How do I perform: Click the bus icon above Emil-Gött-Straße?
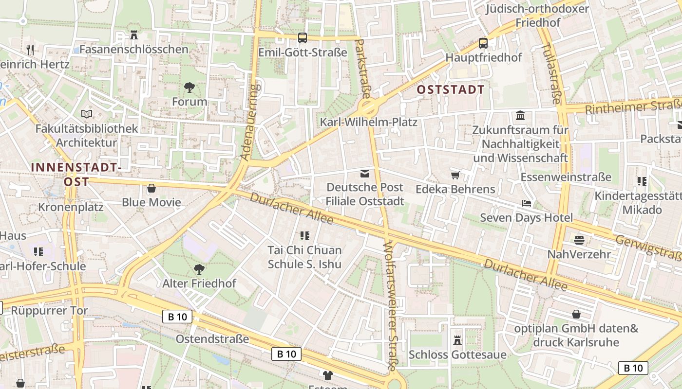coord(302,37)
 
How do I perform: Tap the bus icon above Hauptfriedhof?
coord(483,43)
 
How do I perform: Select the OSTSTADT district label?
coord(451,89)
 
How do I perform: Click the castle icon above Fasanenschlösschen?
coord(134,35)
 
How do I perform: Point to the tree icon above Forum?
coord(189,88)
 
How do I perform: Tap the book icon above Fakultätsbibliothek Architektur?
coord(87,114)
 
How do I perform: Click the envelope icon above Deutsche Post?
coord(364,174)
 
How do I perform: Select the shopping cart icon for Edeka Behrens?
coord(455,175)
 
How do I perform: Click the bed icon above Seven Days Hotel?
coord(526,203)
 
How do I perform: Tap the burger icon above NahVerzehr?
coord(579,240)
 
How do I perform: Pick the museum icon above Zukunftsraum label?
coord(520,116)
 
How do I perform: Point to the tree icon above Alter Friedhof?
coord(199,269)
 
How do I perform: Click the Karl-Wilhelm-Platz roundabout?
coord(368,106)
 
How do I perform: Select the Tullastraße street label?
coord(551,73)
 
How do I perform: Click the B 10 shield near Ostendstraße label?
coord(177,317)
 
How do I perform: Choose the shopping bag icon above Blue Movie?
coord(152,188)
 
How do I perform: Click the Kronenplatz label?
coord(71,207)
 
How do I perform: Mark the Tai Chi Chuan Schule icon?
coord(305,236)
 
